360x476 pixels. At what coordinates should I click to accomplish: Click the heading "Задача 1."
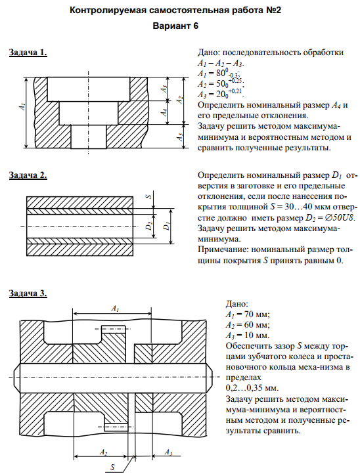pyautogui.click(x=28, y=53)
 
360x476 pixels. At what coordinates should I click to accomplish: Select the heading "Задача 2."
pyautogui.click(x=28, y=175)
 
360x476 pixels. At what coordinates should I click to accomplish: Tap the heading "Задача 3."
pyautogui.click(x=28, y=293)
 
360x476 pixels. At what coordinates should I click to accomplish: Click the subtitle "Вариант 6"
pyautogui.click(x=175, y=26)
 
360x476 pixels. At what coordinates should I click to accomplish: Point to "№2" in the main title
pyautogui.click(x=273, y=11)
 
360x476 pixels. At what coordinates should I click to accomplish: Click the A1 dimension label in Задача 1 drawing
pyautogui.click(x=22, y=106)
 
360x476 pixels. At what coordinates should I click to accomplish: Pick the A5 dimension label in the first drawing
pyautogui.click(x=180, y=137)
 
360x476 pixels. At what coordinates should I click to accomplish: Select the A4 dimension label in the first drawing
pyautogui.click(x=164, y=112)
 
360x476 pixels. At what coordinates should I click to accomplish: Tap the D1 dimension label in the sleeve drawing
pyautogui.click(x=166, y=227)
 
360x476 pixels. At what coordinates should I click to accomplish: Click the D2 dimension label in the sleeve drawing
pyautogui.click(x=149, y=227)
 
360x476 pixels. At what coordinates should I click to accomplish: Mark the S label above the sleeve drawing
pyautogui.click(x=149, y=196)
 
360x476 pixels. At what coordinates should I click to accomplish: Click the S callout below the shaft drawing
pyautogui.click(x=112, y=467)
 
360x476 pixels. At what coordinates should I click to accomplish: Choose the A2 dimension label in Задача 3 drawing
pyautogui.click(x=104, y=452)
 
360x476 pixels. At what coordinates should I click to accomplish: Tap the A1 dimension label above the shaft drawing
pyautogui.click(x=115, y=309)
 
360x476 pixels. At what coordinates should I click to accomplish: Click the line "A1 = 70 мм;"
pyautogui.click(x=248, y=314)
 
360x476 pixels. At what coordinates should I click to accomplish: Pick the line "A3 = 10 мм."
pyautogui.click(x=248, y=335)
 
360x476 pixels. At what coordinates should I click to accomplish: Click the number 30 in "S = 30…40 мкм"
pyautogui.click(x=288, y=207)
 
